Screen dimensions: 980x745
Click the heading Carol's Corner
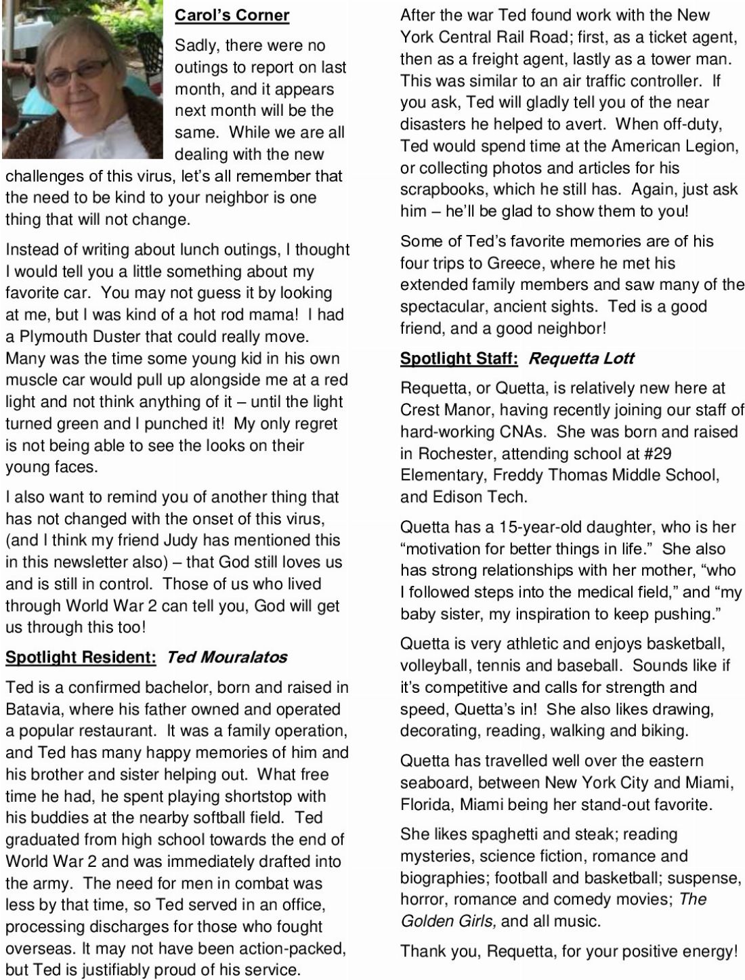232,15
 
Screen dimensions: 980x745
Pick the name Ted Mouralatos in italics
226,657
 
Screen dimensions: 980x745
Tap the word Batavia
34,710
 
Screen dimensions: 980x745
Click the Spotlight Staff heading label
459,358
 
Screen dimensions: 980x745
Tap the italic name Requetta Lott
580,358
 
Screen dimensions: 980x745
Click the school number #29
652,454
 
